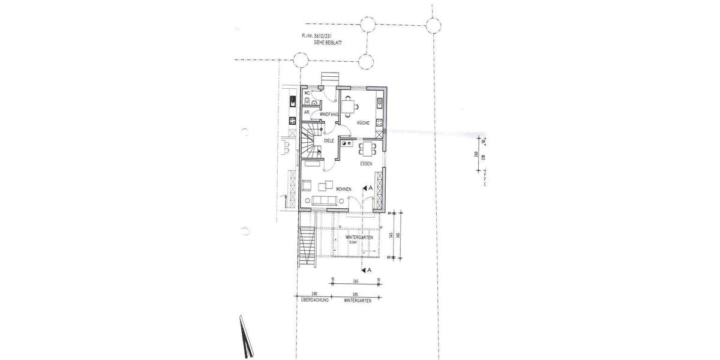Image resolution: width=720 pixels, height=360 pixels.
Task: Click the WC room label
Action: [x=307, y=93]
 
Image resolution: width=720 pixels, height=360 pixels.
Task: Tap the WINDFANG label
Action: [x=329, y=113]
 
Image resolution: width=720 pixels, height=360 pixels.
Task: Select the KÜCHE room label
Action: [x=363, y=122]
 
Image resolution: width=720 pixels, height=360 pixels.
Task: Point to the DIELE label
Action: [x=329, y=140]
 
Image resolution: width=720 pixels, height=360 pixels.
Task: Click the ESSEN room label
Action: [x=366, y=163]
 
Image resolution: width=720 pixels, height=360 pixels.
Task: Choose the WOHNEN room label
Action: [x=344, y=189]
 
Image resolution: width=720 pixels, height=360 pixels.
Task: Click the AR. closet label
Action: [x=307, y=112]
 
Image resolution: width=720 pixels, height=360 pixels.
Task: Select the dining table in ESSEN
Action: [x=368, y=148]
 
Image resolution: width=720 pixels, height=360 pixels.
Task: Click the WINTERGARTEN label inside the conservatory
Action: [x=360, y=238]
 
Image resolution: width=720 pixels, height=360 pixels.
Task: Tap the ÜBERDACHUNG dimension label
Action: [x=314, y=300]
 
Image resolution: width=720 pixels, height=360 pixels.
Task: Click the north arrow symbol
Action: [x=245, y=336]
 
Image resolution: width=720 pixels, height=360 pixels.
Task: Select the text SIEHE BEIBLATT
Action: [x=327, y=43]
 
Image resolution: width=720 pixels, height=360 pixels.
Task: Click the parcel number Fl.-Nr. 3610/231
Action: [x=318, y=37]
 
